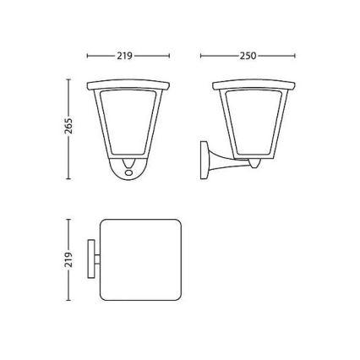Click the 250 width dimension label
248,56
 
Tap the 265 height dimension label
68,126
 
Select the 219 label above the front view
125,56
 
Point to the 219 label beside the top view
68,259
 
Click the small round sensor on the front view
129,172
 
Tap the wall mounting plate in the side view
204,161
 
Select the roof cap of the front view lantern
128,85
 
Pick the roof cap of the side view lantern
254,85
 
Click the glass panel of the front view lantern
128,122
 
